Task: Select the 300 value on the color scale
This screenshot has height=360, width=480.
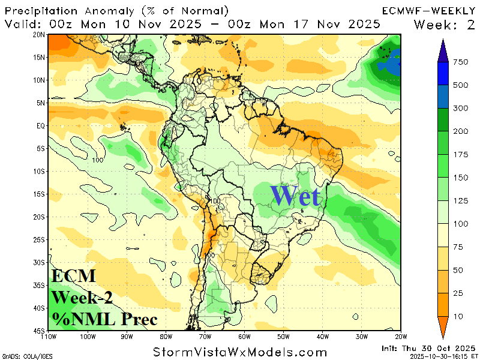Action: click(461, 108)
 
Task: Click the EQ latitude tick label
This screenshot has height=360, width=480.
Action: click(41, 125)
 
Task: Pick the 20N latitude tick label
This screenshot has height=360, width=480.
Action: click(40, 34)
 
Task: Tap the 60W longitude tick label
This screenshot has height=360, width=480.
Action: click(243, 337)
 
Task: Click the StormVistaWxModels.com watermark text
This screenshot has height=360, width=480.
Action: click(240, 352)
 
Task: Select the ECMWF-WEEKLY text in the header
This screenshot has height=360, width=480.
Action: click(428, 11)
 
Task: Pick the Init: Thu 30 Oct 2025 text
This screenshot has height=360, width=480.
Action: click(427, 348)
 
